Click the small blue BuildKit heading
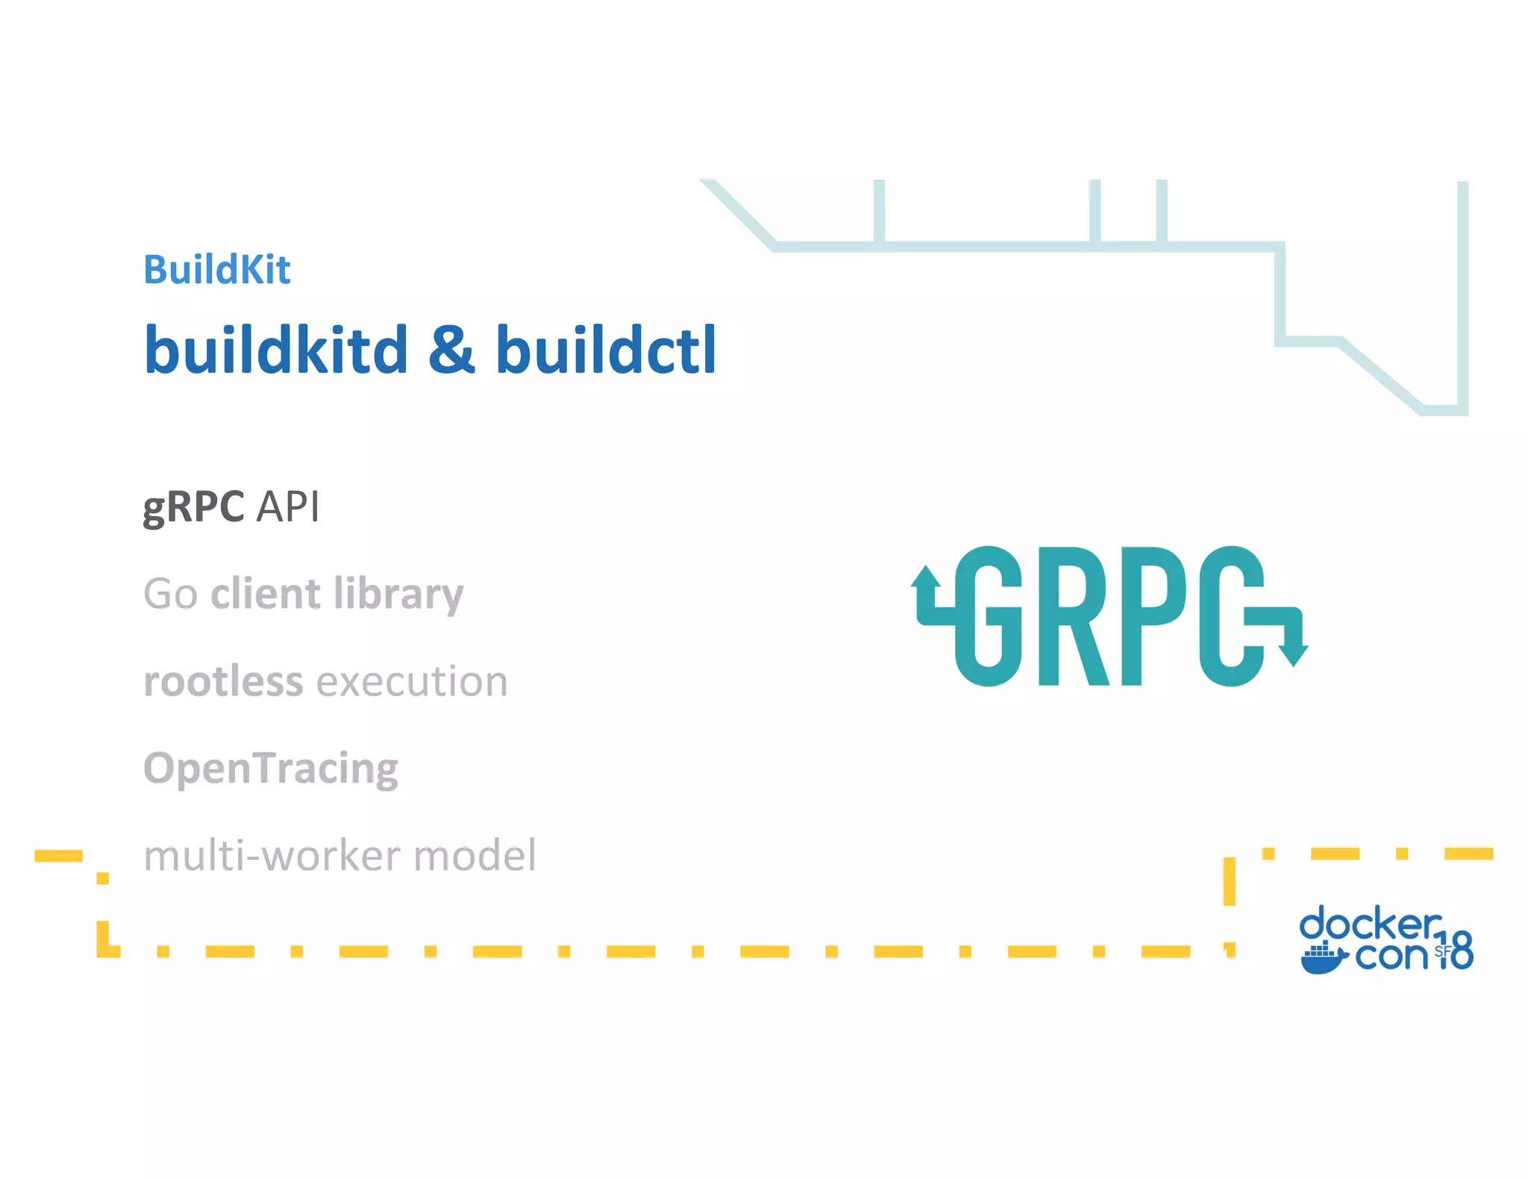point(216,269)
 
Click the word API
point(288,507)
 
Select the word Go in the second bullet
point(170,594)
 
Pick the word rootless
point(223,681)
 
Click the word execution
point(413,682)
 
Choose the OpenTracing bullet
point(271,768)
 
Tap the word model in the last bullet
point(475,856)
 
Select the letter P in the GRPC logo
point(1153,616)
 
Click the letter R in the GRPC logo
point(1073,616)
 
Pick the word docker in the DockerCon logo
point(1369,924)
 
